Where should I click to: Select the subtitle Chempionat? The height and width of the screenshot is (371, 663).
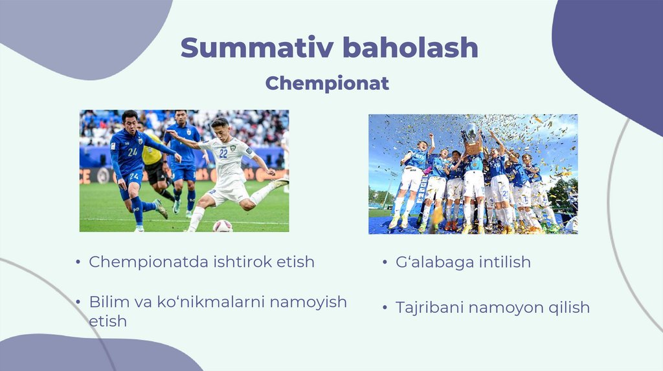coord(327,83)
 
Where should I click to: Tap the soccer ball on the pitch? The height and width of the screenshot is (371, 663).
coord(223,226)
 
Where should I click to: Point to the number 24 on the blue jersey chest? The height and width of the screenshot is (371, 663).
coord(133,152)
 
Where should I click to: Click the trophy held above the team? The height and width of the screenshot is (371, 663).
coord(472,139)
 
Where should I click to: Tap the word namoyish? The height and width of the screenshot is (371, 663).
coord(308,302)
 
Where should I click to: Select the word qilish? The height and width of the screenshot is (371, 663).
coord(569,308)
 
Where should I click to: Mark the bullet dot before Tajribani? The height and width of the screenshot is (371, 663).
coord(385,307)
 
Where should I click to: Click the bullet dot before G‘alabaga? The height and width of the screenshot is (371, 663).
coord(385,262)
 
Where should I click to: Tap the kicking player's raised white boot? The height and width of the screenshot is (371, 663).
coord(280,182)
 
